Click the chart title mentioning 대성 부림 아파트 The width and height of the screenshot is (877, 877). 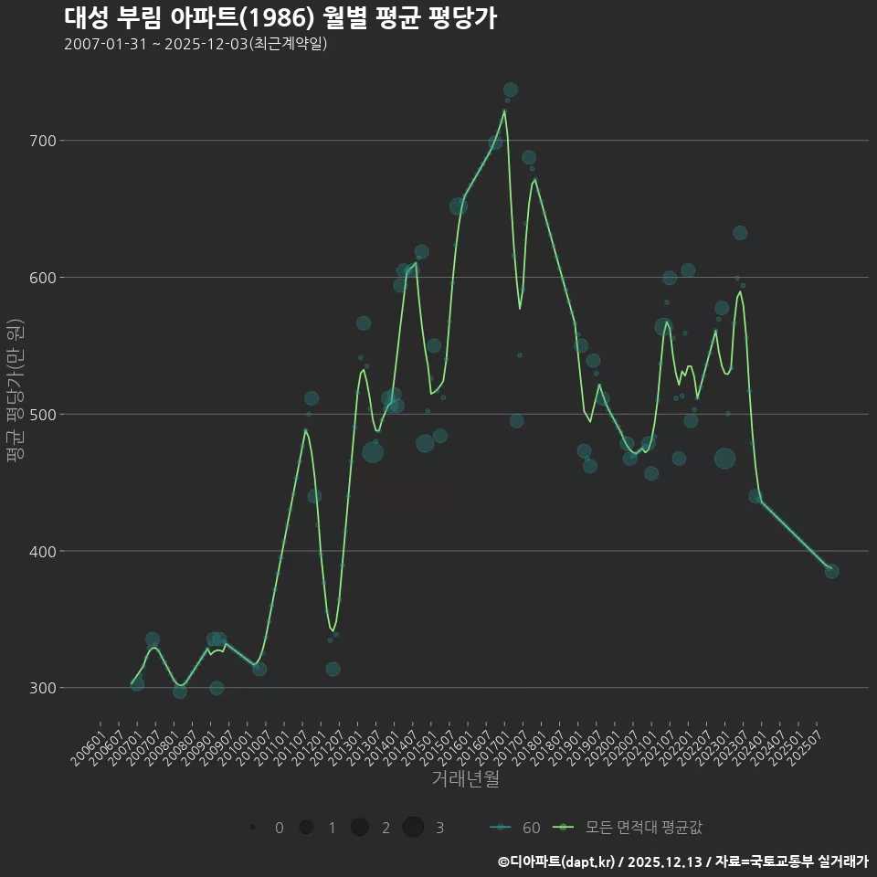[280, 17]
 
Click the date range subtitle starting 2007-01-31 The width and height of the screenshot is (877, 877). [195, 44]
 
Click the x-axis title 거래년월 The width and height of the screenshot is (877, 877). [466, 779]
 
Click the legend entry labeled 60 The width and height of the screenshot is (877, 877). [515, 828]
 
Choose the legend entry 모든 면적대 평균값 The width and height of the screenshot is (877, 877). [631, 828]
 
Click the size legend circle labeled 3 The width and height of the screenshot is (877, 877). [413, 828]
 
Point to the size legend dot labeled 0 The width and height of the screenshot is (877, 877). [251, 828]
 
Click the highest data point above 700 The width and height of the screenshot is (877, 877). [511, 90]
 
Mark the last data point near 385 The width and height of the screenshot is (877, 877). [831, 571]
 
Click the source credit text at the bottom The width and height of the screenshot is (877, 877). [682, 861]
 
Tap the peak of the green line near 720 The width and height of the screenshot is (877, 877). [504, 111]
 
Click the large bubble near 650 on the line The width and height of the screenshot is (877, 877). [459, 206]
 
